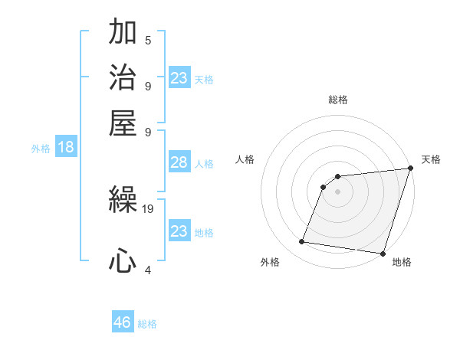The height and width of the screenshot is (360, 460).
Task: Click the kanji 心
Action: pos(123,261)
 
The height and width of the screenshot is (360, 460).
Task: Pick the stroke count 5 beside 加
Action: pos(147,41)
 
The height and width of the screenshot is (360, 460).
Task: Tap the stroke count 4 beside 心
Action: pos(147,269)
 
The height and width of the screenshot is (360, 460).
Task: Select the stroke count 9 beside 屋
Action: pos(147,130)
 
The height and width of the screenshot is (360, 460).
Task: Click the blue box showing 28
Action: pos(179,162)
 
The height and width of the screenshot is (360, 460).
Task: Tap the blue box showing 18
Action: pos(66,148)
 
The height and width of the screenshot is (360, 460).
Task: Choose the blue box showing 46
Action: pos(123,322)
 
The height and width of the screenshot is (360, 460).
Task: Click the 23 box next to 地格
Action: pos(179,231)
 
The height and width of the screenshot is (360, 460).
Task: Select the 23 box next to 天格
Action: pos(179,78)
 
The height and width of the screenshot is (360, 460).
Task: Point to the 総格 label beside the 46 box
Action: pos(148,324)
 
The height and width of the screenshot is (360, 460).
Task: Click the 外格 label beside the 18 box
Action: pos(41,149)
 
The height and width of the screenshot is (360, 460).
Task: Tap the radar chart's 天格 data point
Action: pos(410,169)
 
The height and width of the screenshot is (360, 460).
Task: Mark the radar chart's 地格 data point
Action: pos(383,253)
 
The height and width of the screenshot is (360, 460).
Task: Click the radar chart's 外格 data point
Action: pos(302,242)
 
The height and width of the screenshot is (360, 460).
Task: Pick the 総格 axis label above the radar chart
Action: pos(338,100)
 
